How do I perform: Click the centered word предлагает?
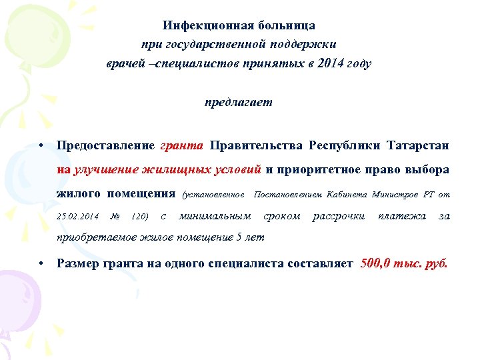click(239, 103)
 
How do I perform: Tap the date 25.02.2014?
click(78, 216)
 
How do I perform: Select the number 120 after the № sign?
click(139, 216)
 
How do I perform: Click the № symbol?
click(114, 216)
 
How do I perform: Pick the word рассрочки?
click(339, 216)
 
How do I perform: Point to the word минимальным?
click(215, 216)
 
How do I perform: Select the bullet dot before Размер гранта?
click(41, 263)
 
